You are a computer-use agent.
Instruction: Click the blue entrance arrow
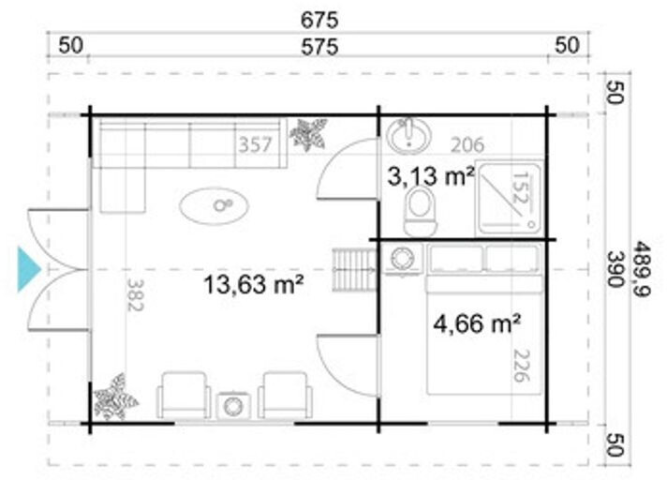pos(28,269)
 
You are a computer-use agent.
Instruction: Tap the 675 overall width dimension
pos(319,20)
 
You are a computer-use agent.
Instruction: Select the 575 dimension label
pos(319,47)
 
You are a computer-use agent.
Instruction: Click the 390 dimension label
pos(615,269)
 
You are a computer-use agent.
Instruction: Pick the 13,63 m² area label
pos(254,284)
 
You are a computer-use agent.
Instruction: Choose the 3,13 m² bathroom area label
pos(431,176)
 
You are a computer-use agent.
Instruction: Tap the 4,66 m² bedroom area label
pos(477,323)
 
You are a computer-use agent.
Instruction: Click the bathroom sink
pos(408,136)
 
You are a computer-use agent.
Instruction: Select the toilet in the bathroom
pos(421,211)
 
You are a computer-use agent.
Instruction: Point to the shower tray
pos(509,198)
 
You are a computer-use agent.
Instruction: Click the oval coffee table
pos(214,205)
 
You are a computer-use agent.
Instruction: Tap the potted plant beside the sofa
pos(308,134)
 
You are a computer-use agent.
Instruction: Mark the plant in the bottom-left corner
pos(114,397)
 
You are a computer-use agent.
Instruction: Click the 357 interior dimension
pos(255,145)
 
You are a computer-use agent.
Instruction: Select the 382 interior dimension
pos(135,295)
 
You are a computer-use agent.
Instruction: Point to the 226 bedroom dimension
pos(522,366)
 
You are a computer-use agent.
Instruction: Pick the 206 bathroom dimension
pos(467,145)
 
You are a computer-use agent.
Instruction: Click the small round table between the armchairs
pos(233,406)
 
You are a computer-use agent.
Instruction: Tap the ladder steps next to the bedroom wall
pos(355,270)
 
